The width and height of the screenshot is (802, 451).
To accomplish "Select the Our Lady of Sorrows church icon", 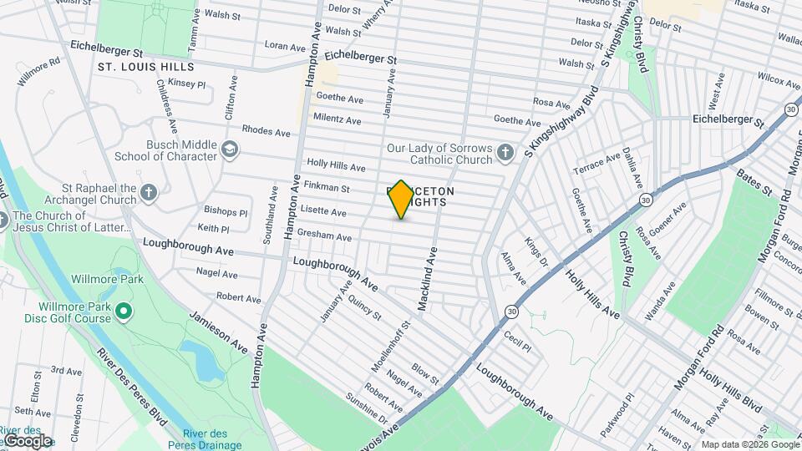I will pyautogui.click(x=505, y=152).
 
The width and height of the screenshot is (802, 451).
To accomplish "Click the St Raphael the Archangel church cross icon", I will pyautogui.click(x=149, y=194).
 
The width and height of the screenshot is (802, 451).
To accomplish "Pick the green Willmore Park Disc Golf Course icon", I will pyautogui.click(x=124, y=312).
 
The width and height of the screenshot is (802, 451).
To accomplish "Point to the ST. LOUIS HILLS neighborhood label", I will pyautogui.click(x=145, y=67).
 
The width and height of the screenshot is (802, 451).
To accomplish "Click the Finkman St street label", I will pyautogui.click(x=327, y=188).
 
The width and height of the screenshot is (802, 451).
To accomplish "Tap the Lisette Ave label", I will pyautogui.click(x=322, y=212).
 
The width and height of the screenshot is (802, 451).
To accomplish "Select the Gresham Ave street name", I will pyautogui.click(x=323, y=236).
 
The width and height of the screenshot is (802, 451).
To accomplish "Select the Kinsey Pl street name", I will pyautogui.click(x=186, y=84).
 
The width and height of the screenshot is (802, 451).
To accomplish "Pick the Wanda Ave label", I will pyautogui.click(x=659, y=302).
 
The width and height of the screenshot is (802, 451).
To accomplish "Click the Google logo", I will pyautogui.click(x=27, y=440).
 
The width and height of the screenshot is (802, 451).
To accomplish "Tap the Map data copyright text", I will pyautogui.click(x=749, y=444).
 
